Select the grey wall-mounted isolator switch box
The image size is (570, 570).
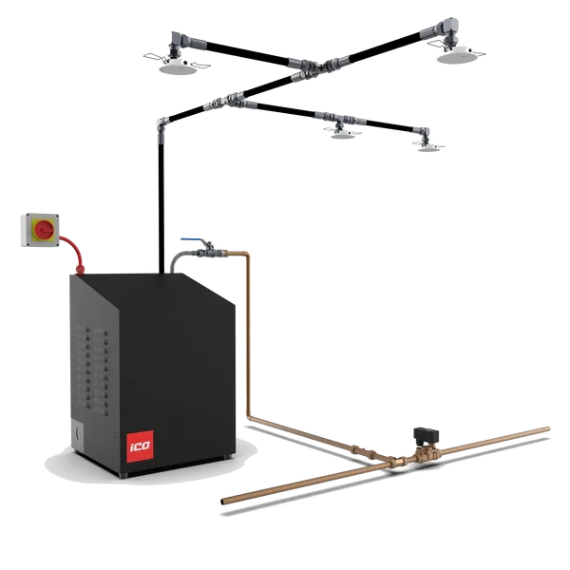pyautogui.click(x=37, y=230)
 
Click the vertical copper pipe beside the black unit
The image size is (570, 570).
pyautogui.click(x=248, y=332)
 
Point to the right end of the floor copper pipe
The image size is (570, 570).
pyautogui.click(x=548, y=428)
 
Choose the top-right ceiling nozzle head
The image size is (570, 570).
pyautogui.click(x=452, y=47)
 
